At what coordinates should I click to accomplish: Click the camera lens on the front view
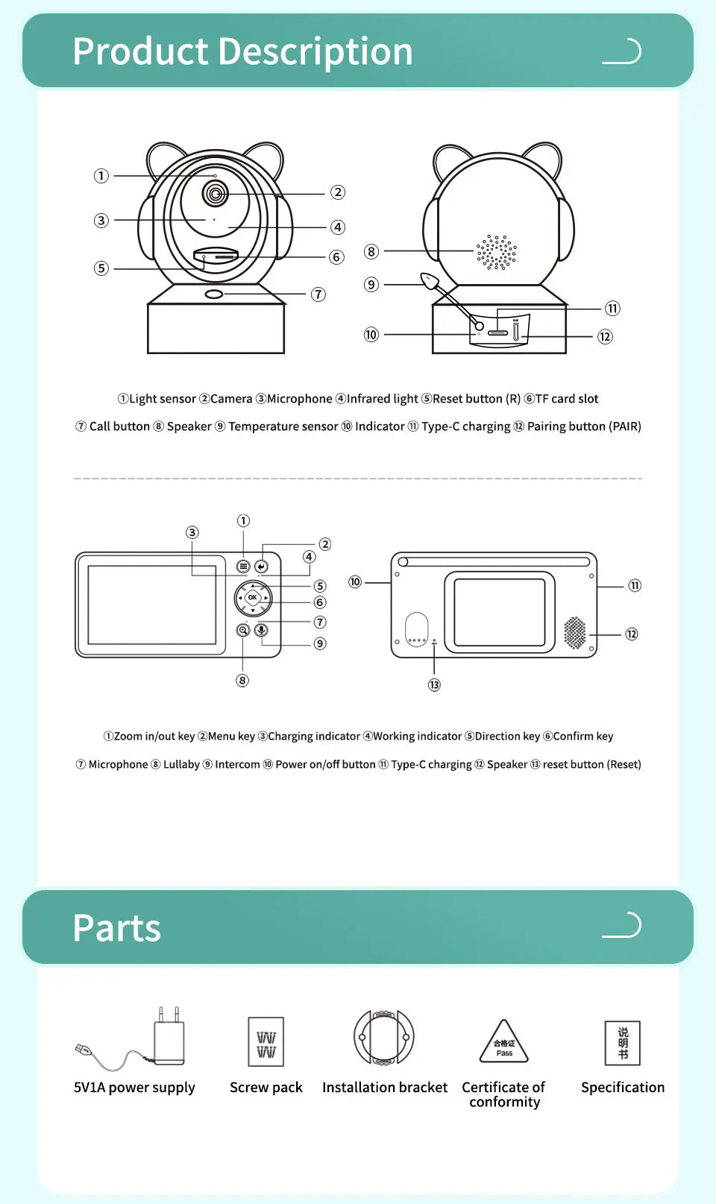[x=216, y=195]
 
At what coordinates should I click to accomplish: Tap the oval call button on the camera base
[x=214, y=294]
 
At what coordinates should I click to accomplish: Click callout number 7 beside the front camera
[x=318, y=294]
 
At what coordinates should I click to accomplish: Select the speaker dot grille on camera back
[x=497, y=253]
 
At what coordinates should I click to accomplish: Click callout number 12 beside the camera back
[x=605, y=336]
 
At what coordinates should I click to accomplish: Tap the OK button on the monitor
[x=253, y=597]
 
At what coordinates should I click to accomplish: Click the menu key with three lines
[x=243, y=567]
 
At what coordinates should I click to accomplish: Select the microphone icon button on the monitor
[x=262, y=630]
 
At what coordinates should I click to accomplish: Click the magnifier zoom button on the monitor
[x=243, y=630]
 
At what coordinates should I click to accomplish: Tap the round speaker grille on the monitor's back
[x=575, y=633]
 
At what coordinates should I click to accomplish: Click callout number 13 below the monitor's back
[x=434, y=684]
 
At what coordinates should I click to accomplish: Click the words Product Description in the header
[x=242, y=51]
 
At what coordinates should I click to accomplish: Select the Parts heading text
[x=117, y=928]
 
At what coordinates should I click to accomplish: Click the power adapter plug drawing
[x=169, y=1040]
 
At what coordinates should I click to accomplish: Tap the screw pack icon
[x=266, y=1041]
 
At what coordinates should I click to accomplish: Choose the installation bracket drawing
[x=384, y=1037]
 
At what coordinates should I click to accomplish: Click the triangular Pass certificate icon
[x=504, y=1043]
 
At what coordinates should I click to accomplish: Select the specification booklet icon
[x=623, y=1042]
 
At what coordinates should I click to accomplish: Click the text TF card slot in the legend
[x=567, y=399]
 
